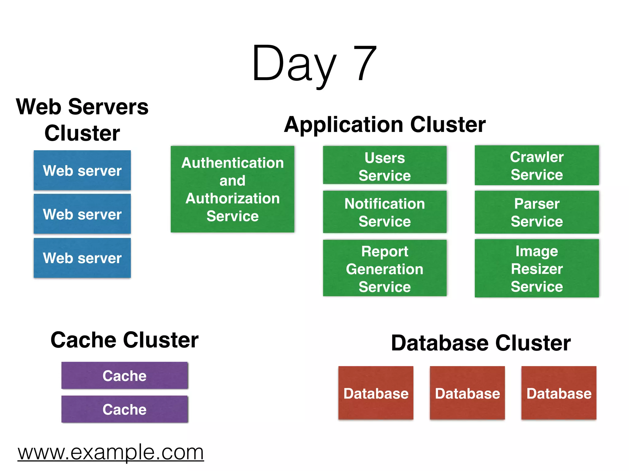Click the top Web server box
click(x=82, y=170)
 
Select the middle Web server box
click(x=82, y=214)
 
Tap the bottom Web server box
click(x=82, y=258)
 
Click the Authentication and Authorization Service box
click(x=232, y=189)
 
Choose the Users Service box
click(x=385, y=165)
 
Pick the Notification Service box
click(x=385, y=212)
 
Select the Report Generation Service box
click(x=385, y=268)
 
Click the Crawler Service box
click(x=537, y=165)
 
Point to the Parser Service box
click(x=537, y=212)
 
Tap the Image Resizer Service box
click(x=537, y=268)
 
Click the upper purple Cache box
click(x=124, y=375)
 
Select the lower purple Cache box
click(x=124, y=409)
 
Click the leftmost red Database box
click(x=376, y=393)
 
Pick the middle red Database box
click(x=467, y=393)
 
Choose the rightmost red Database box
click(x=559, y=393)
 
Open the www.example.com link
click(x=111, y=452)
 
